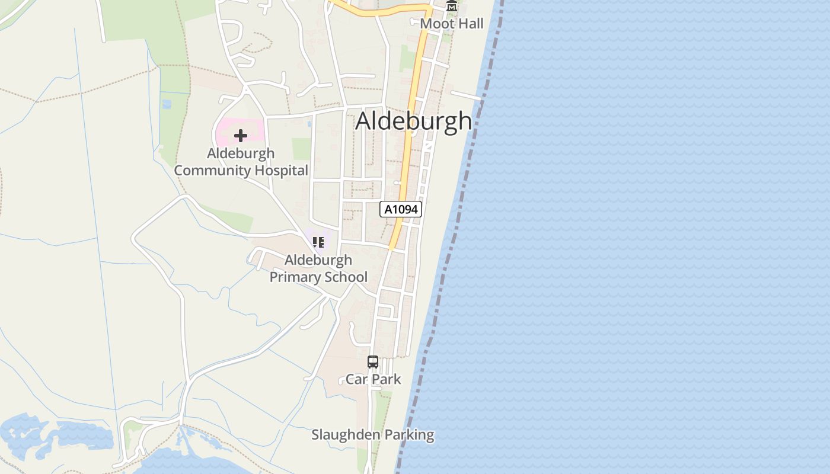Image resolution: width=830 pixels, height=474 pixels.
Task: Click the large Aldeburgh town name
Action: click(413, 121)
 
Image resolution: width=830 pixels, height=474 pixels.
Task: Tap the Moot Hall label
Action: click(452, 24)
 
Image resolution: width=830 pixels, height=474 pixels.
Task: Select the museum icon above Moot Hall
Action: click(452, 7)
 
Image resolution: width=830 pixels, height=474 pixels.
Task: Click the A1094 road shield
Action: click(401, 209)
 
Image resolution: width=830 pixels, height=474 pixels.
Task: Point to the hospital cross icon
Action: click(241, 136)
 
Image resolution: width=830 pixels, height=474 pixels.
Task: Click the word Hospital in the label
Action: click(281, 171)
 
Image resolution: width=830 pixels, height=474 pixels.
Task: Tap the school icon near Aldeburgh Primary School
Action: click(318, 242)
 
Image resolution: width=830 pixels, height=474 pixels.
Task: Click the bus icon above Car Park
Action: click(373, 362)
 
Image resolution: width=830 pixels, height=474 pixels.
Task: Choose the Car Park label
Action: click(373, 379)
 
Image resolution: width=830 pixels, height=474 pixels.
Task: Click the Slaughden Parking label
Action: click(373, 435)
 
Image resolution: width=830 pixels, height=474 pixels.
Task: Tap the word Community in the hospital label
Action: click(212, 171)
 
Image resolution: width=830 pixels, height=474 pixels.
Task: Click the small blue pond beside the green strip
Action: click(167, 104)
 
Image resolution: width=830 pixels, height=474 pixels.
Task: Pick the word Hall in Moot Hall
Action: click(469, 24)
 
